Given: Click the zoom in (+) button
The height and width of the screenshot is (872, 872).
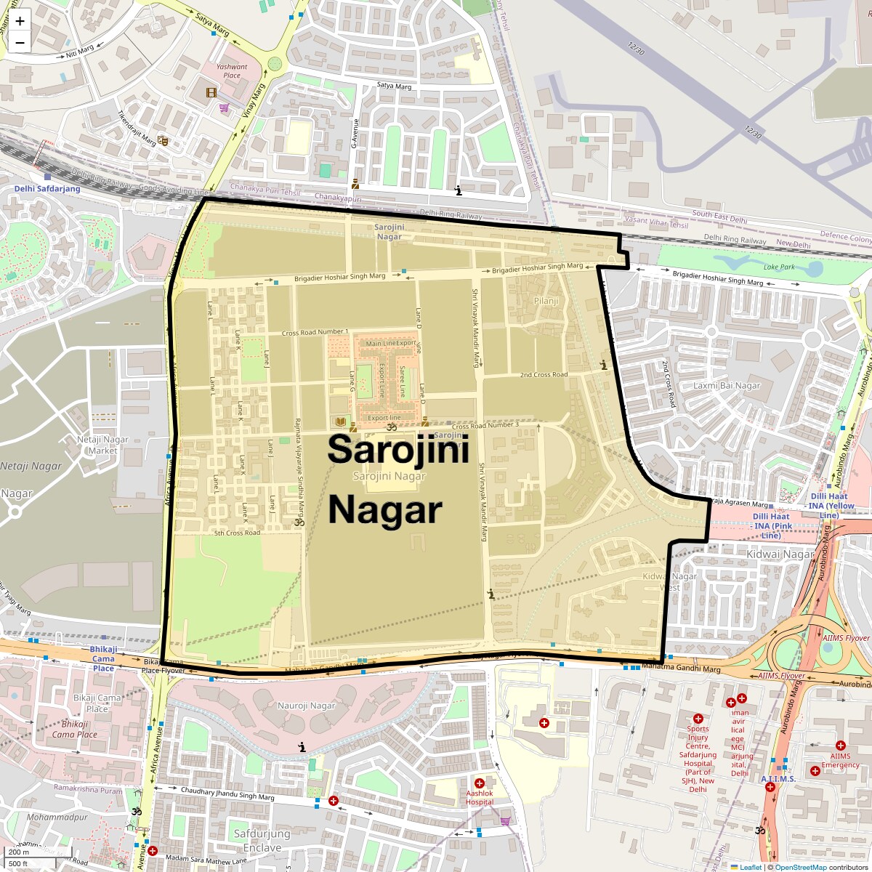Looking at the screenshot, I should click(20, 21).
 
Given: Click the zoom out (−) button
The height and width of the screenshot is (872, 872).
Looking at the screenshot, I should click(20, 42).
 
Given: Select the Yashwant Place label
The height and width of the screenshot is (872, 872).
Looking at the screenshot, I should click(232, 70).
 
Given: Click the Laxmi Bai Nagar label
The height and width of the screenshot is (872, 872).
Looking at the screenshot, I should click(727, 386).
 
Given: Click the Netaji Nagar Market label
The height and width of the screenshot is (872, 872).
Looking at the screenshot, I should click(102, 445).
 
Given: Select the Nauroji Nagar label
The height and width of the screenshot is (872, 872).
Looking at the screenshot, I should click(307, 706).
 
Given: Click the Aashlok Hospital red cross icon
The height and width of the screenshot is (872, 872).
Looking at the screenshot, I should click(480, 783).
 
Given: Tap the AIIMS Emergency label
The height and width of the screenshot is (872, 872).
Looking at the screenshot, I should click(840, 760).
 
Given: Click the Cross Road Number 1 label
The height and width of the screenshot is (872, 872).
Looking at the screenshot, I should click(315, 332).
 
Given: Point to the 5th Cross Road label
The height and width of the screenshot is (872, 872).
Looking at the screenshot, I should click(237, 533).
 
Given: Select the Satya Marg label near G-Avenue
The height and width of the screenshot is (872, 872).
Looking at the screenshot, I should click(394, 86).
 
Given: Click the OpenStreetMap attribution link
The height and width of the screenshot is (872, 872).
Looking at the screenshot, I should click(800, 867).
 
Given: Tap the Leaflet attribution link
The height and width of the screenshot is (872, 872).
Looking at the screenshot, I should click(751, 867).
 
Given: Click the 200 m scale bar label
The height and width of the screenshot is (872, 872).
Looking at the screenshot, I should click(20, 852).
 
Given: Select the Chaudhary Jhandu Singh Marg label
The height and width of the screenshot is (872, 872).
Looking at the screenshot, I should click(227, 794).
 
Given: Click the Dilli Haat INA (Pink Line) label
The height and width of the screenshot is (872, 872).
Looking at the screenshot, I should click(772, 526).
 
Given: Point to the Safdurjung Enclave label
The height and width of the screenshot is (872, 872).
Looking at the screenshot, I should click(262, 840).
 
